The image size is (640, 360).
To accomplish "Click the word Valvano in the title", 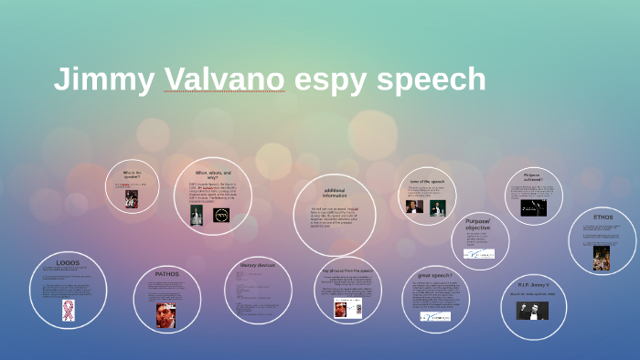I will pos(224,79).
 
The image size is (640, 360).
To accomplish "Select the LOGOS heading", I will pos(68,262).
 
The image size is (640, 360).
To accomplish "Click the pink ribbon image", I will pos(68,310).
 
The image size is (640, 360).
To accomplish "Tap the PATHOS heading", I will pos(166,274).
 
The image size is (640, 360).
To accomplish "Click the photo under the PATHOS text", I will pos(165,314).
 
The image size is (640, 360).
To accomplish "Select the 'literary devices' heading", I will pos(257,265).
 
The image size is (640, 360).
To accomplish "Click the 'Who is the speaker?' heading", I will pos(132,173).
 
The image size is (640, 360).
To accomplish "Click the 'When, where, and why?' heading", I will pos(213,173).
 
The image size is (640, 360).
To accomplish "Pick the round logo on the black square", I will pos(221,216).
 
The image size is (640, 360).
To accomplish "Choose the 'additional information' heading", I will pos(335,193).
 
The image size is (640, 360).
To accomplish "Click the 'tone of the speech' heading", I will pos(426,181).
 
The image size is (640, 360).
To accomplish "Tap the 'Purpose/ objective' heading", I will pos(477,224).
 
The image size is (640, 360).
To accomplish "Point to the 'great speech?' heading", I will pos(434,275).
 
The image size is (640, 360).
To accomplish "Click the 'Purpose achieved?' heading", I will pos(532,177).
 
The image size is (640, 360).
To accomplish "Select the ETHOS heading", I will pos(603,217).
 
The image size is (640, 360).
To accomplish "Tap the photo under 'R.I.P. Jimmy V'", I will pos(532,310).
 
